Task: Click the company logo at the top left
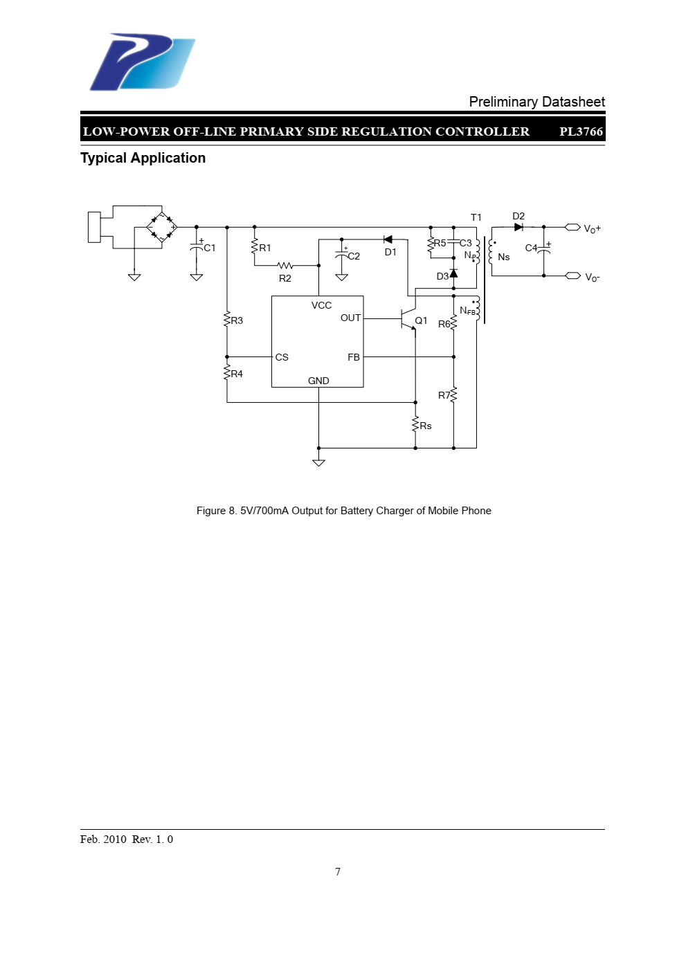coord(142,62)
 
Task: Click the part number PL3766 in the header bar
coord(581,131)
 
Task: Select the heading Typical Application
coord(143,158)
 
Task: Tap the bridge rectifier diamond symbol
coord(162,227)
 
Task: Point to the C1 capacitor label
coord(210,248)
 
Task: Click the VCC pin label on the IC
coord(321,305)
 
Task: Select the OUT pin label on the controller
coord(350,318)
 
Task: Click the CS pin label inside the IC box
coord(282,357)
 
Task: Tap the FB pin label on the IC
coord(354,357)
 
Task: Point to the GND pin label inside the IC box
coord(318,381)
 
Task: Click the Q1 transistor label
coord(421,320)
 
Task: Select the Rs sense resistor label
coord(426,426)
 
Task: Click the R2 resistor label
coord(285,278)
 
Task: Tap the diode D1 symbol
coord(388,239)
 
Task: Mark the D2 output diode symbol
coord(518,227)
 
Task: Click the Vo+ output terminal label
coord(593,228)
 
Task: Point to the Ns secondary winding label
coord(503,257)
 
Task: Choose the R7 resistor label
coord(444,395)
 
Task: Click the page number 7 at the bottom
coord(338,872)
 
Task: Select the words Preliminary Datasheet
coord(537,102)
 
